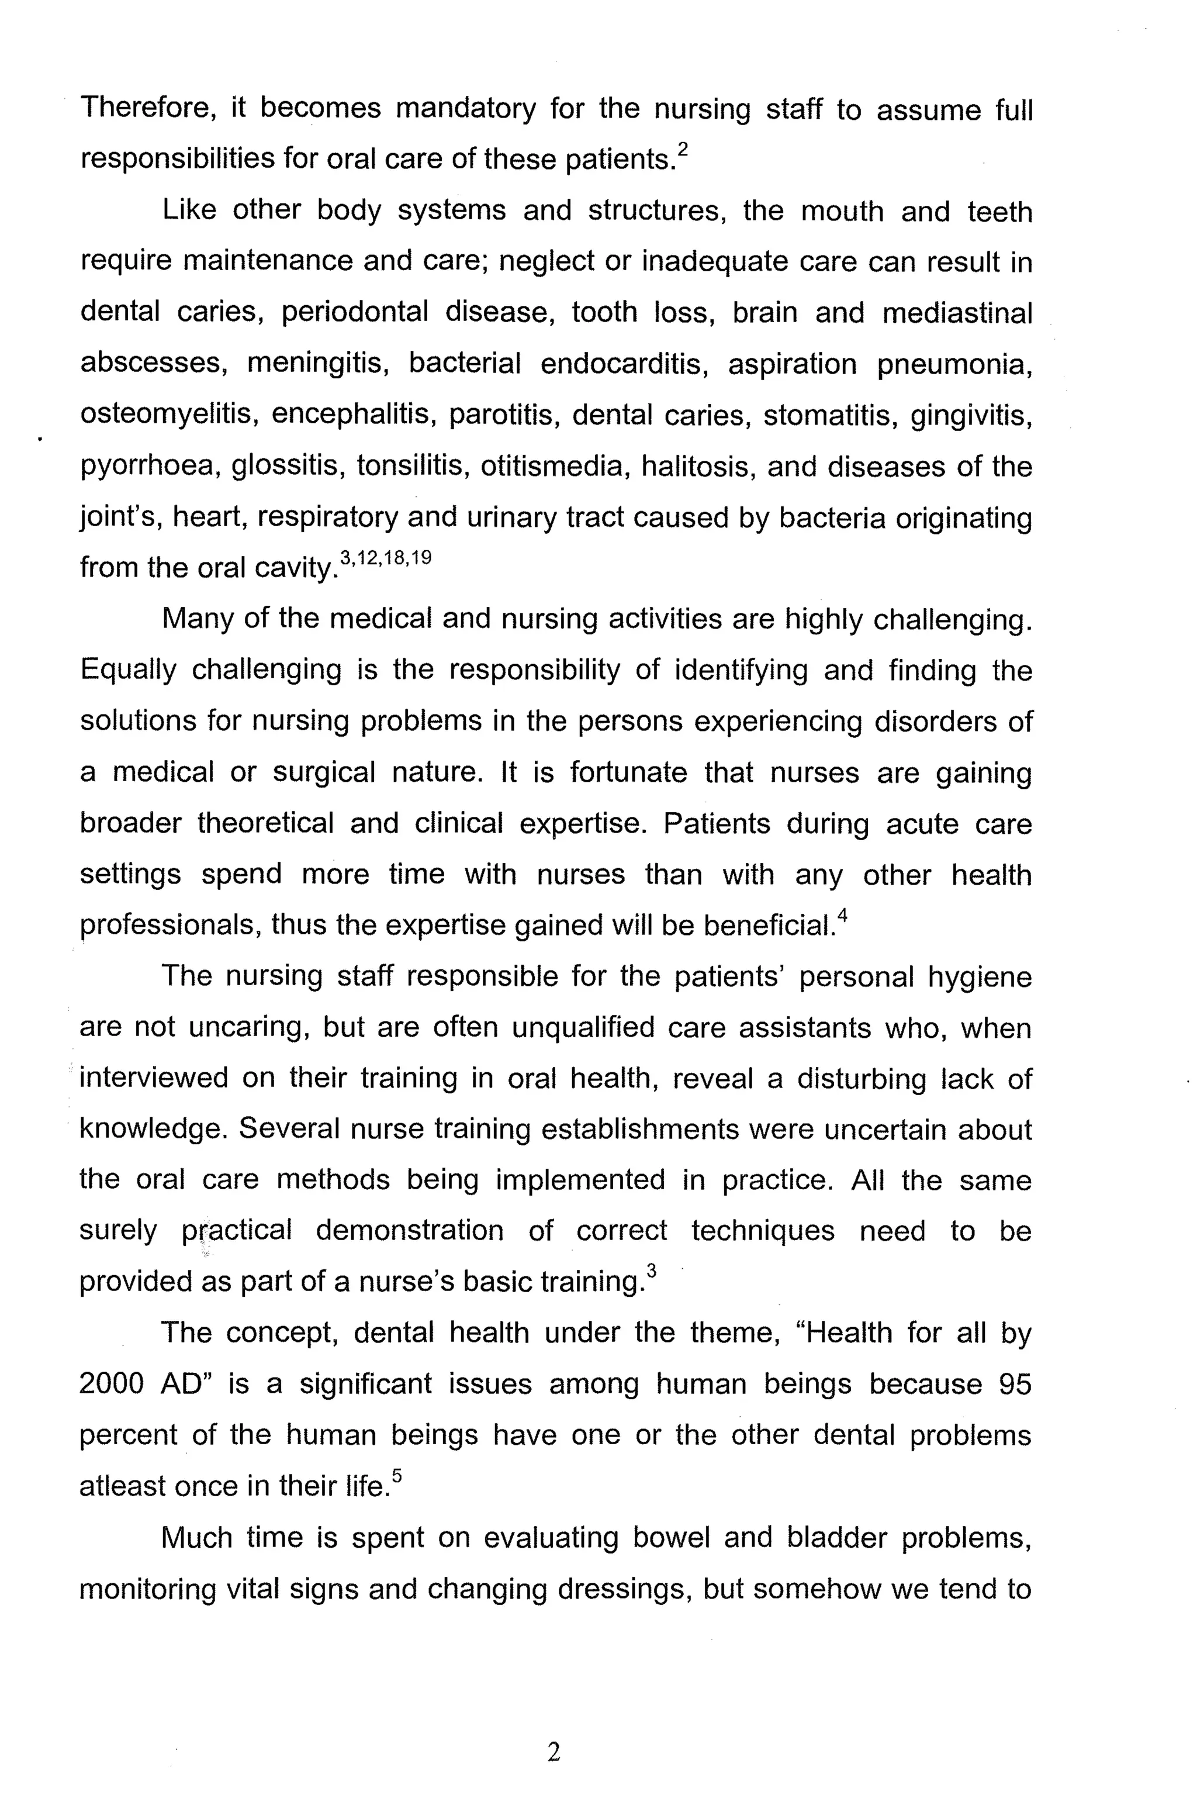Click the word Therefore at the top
[144, 108]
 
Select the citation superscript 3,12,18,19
[386, 558]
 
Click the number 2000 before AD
[112, 1383]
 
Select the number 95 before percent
[1015, 1383]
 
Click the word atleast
[122, 1486]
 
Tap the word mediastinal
[957, 313]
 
